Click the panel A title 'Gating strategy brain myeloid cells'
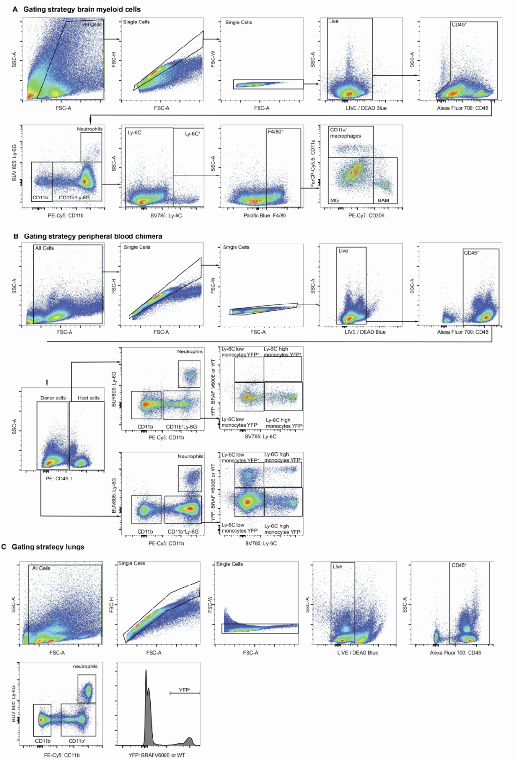[82, 9]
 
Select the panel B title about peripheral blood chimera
[93, 236]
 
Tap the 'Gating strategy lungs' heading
[48, 547]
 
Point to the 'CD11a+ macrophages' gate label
[345, 133]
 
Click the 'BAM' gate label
[383, 200]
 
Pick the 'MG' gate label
[334, 200]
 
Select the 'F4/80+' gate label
[275, 131]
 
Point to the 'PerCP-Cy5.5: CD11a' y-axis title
[313, 164]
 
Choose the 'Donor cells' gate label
[53, 398]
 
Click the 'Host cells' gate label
[89, 398]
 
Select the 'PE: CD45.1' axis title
[59, 479]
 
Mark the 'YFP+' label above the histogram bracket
[185, 690]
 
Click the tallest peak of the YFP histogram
[146, 672]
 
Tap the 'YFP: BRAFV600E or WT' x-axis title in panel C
[157, 755]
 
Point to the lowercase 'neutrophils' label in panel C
[85, 667]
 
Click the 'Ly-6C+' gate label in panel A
[192, 134]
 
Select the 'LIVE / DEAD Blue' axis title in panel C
[357, 653]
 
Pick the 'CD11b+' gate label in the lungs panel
[77, 741]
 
